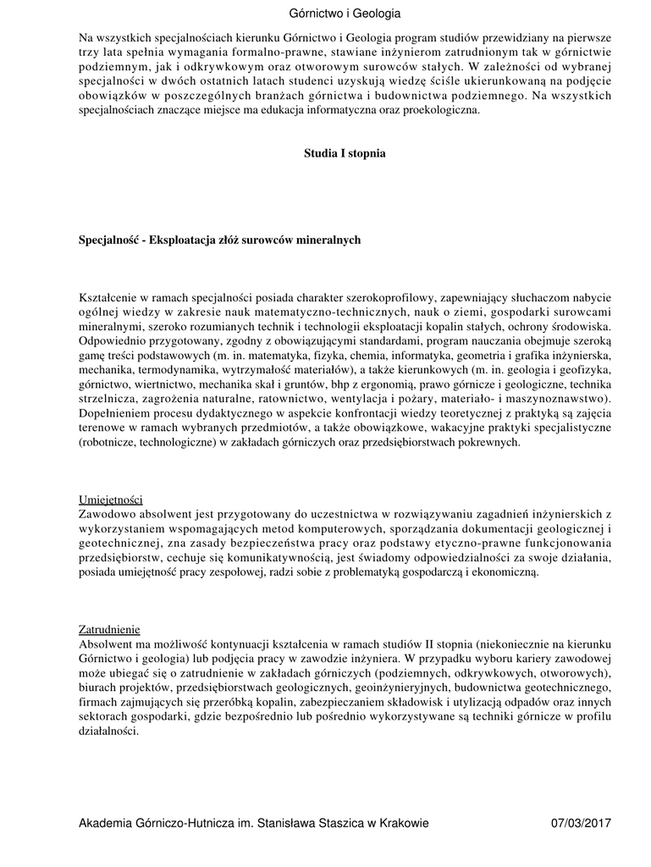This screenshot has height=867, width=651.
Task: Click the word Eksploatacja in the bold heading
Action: click(x=181, y=240)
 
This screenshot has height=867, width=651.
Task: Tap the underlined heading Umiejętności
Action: click(x=111, y=500)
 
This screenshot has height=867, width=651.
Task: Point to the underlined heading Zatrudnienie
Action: click(x=110, y=630)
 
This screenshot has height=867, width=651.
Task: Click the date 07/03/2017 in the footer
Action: click(x=581, y=824)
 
